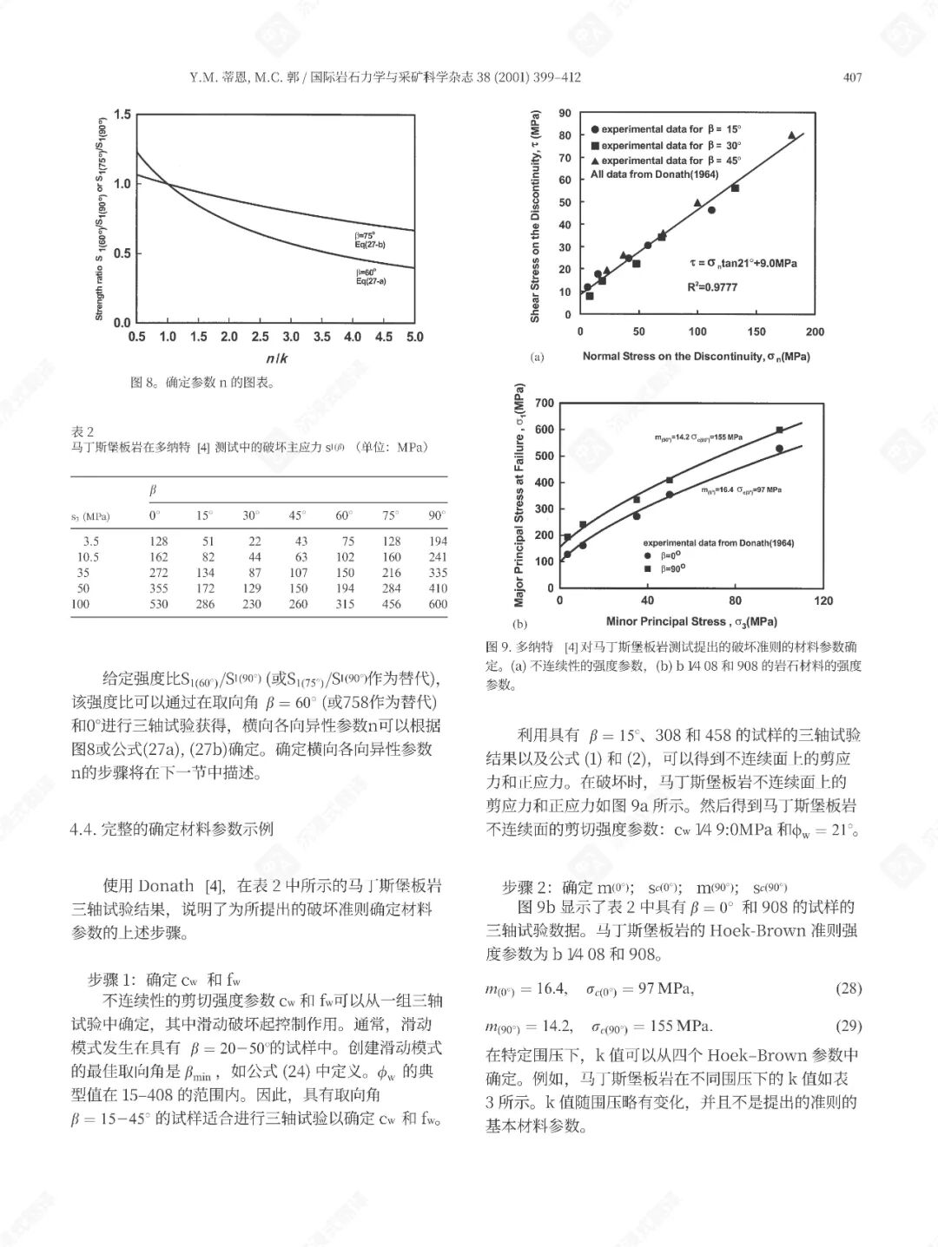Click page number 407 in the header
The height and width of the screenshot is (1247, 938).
click(x=852, y=78)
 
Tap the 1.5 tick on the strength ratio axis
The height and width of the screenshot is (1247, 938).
click(x=122, y=115)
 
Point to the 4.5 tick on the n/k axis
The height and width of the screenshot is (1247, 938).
click(x=383, y=337)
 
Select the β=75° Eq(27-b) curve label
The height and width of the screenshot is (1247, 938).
click(x=370, y=240)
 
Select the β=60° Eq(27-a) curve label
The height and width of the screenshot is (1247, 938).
click(x=370, y=277)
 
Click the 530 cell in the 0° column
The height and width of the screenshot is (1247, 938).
click(x=158, y=604)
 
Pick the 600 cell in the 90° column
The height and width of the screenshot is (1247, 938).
click(x=438, y=604)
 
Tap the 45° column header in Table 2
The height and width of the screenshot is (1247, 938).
click(x=298, y=515)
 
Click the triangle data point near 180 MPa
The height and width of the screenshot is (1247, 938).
click(x=791, y=135)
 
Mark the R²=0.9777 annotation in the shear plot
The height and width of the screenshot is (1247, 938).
click(x=712, y=287)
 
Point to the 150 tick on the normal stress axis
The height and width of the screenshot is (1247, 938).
click(x=756, y=331)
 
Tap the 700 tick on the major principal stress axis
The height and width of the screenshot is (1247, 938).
click(x=545, y=404)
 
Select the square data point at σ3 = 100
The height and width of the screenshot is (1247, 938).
click(x=779, y=430)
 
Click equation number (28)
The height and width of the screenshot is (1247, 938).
click(x=848, y=988)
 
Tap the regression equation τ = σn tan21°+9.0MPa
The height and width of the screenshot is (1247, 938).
click(x=743, y=263)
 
